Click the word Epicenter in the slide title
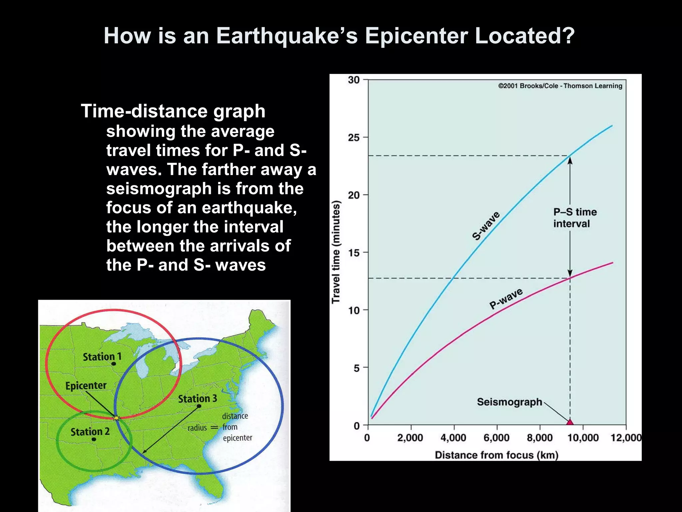coord(416,36)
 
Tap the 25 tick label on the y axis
coord(354,137)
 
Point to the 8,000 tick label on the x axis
coord(539,438)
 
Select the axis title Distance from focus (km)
coord(496,455)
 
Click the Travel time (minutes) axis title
coord(336,252)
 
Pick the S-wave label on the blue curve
coord(486,226)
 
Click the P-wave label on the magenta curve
coord(506,299)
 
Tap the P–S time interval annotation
coord(574,218)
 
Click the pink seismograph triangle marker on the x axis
coord(570,422)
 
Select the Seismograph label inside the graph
coord(509,402)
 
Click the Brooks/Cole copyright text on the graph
coord(560,86)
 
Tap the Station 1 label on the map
coord(102,357)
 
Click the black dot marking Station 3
coord(199,406)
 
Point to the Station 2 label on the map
coord(90,432)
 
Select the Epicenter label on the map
coord(86,386)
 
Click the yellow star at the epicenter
coord(116,418)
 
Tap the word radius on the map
coord(197,428)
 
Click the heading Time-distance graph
coord(173,111)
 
